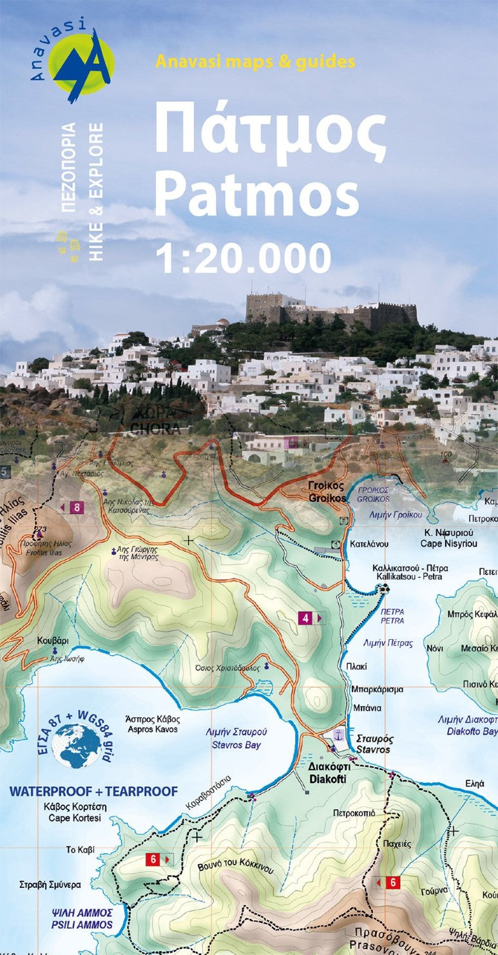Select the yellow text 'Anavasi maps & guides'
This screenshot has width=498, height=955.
[255, 62]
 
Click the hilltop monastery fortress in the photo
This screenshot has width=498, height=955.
[331, 311]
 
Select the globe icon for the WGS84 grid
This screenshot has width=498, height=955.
[77, 745]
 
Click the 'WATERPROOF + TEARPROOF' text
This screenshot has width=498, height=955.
[93, 791]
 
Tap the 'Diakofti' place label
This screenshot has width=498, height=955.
[328, 778]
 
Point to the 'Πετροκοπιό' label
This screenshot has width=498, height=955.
[354, 813]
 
